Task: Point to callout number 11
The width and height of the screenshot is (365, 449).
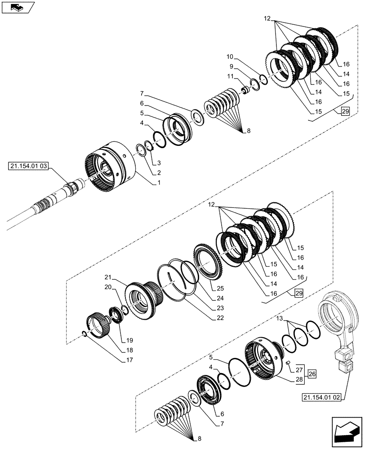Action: [x=230, y=77]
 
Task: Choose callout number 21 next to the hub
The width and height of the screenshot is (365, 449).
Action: [x=108, y=277]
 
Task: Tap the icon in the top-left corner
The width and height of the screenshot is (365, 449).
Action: [x=18, y=7]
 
